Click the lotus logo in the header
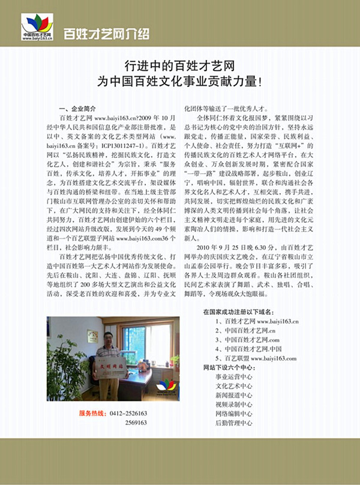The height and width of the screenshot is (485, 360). (38, 25)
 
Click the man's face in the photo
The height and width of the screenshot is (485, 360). (109, 339)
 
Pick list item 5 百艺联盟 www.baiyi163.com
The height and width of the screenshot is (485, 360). (257, 358)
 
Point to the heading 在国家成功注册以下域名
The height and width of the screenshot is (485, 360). (238, 312)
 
